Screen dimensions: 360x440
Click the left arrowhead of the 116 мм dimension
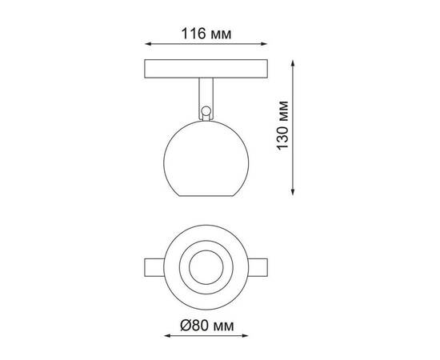point(146,46)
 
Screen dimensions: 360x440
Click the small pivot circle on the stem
point(206,110)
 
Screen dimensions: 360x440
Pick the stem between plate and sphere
point(206,94)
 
